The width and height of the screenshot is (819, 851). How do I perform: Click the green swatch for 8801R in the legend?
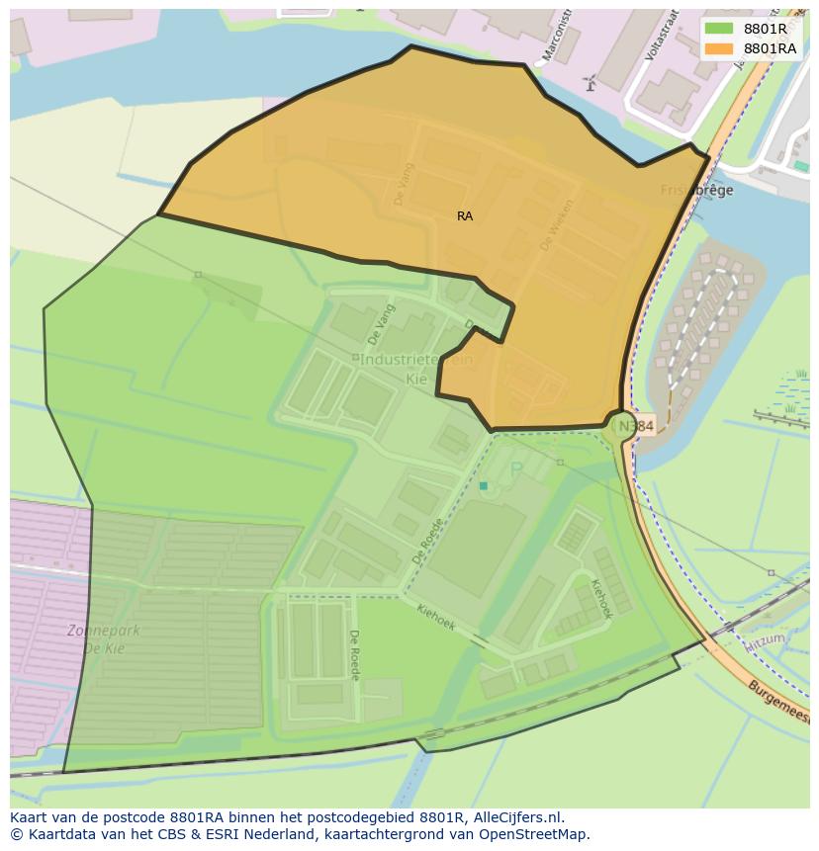pos(718,29)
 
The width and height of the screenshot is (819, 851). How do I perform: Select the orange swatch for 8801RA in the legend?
pos(718,48)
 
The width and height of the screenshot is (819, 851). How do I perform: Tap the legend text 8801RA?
pos(770,48)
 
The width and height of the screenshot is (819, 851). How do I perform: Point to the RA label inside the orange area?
pos(465,215)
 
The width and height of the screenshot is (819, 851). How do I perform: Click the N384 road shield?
pos(636,426)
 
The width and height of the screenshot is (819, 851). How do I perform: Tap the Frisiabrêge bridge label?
pos(697,190)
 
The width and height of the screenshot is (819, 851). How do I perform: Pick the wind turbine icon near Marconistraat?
pos(591,83)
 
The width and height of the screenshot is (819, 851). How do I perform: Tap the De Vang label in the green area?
pos(381,322)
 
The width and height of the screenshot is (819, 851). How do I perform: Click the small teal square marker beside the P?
pos(483,485)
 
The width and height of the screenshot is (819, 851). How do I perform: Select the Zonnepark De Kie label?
pos(104,638)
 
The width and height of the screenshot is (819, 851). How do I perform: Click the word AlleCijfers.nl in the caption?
pos(517,817)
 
